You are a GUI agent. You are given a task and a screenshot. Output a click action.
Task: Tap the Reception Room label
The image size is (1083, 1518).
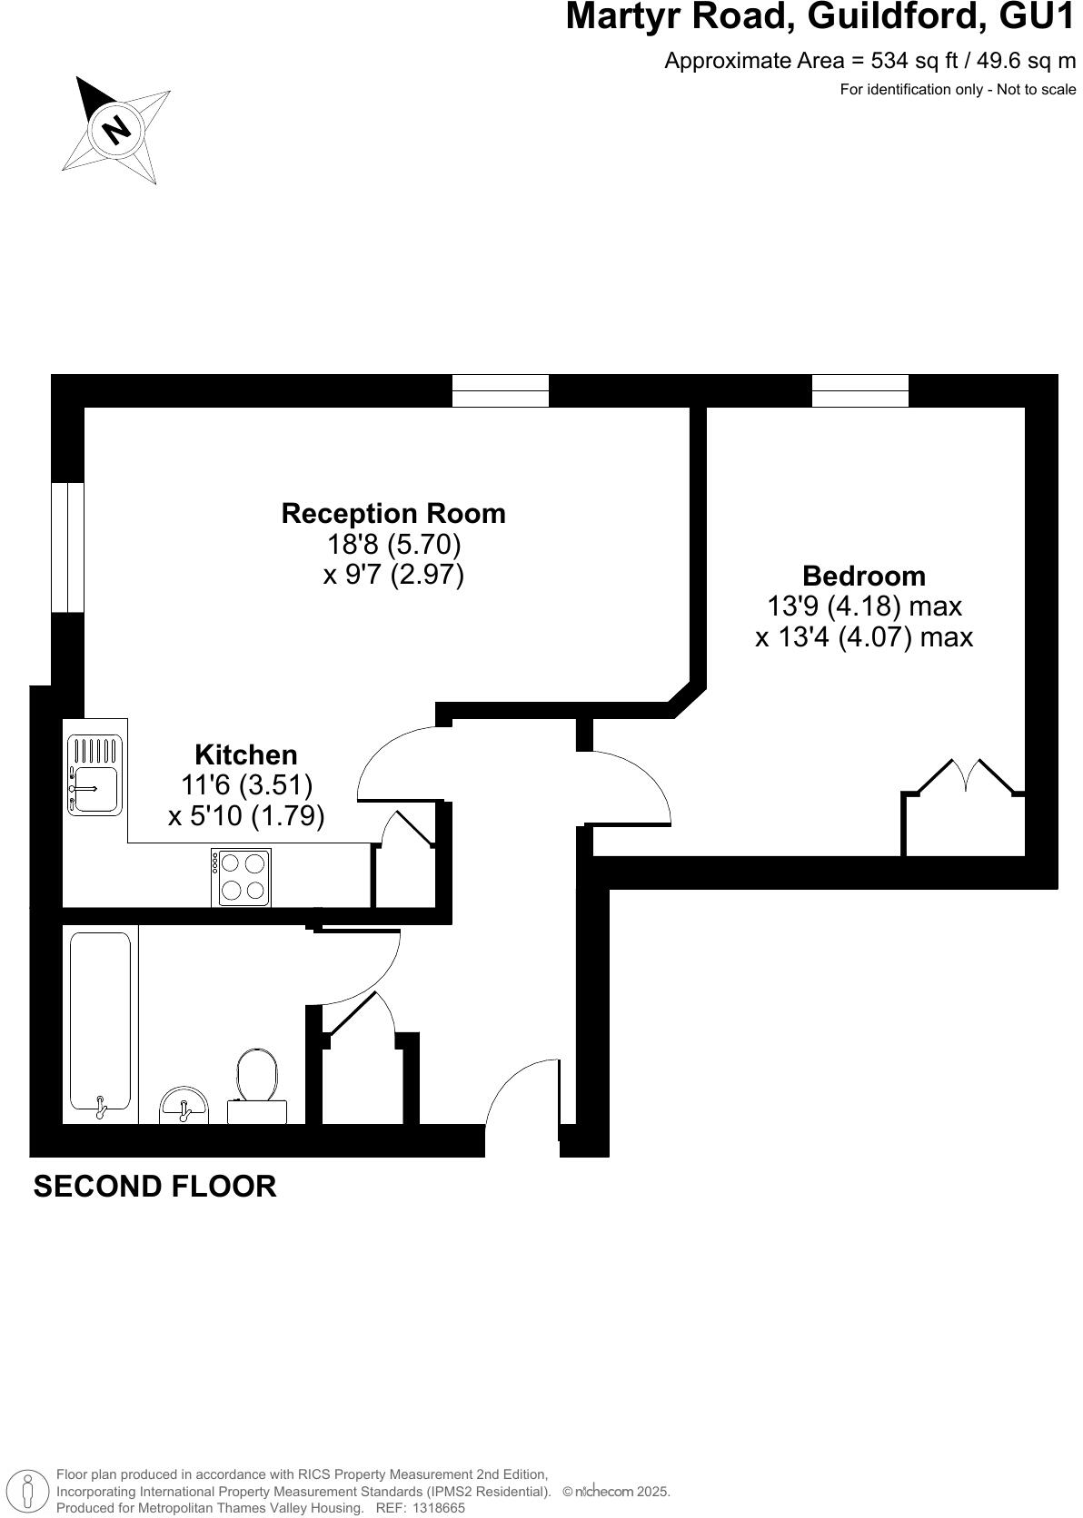(x=393, y=514)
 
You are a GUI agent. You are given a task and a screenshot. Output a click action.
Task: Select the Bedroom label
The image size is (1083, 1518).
(x=864, y=576)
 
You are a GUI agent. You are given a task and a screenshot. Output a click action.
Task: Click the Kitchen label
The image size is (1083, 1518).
(x=246, y=754)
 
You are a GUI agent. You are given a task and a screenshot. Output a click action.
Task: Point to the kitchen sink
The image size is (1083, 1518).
(x=95, y=775)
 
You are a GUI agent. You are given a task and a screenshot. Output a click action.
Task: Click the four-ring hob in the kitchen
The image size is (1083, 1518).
(x=242, y=877)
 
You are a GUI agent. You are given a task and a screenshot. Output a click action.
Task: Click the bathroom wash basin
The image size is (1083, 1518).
(x=184, y=1106)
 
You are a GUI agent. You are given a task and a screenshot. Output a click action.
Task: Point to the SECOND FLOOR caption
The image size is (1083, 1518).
(x=155, y=1187)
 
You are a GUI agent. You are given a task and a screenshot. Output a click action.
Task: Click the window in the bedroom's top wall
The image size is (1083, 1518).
(x=859, y=390)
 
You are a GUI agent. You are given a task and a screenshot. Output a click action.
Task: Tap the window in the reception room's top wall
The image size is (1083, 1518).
(x=501, y=390)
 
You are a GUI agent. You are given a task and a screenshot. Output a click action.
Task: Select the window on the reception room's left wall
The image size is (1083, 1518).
(x=68, y=547)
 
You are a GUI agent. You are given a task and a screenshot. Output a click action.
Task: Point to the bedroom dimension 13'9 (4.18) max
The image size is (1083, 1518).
(x=864, y=606)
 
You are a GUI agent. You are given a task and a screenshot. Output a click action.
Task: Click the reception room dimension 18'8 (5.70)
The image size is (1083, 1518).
(x=393, y=545)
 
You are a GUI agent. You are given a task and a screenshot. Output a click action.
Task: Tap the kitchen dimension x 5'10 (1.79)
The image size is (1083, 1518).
(x=246, y=816)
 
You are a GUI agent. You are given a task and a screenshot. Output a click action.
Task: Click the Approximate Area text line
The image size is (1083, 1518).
(x=869, y=61)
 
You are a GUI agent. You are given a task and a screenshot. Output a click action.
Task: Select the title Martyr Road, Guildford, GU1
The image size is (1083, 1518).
(x=820, y=17)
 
